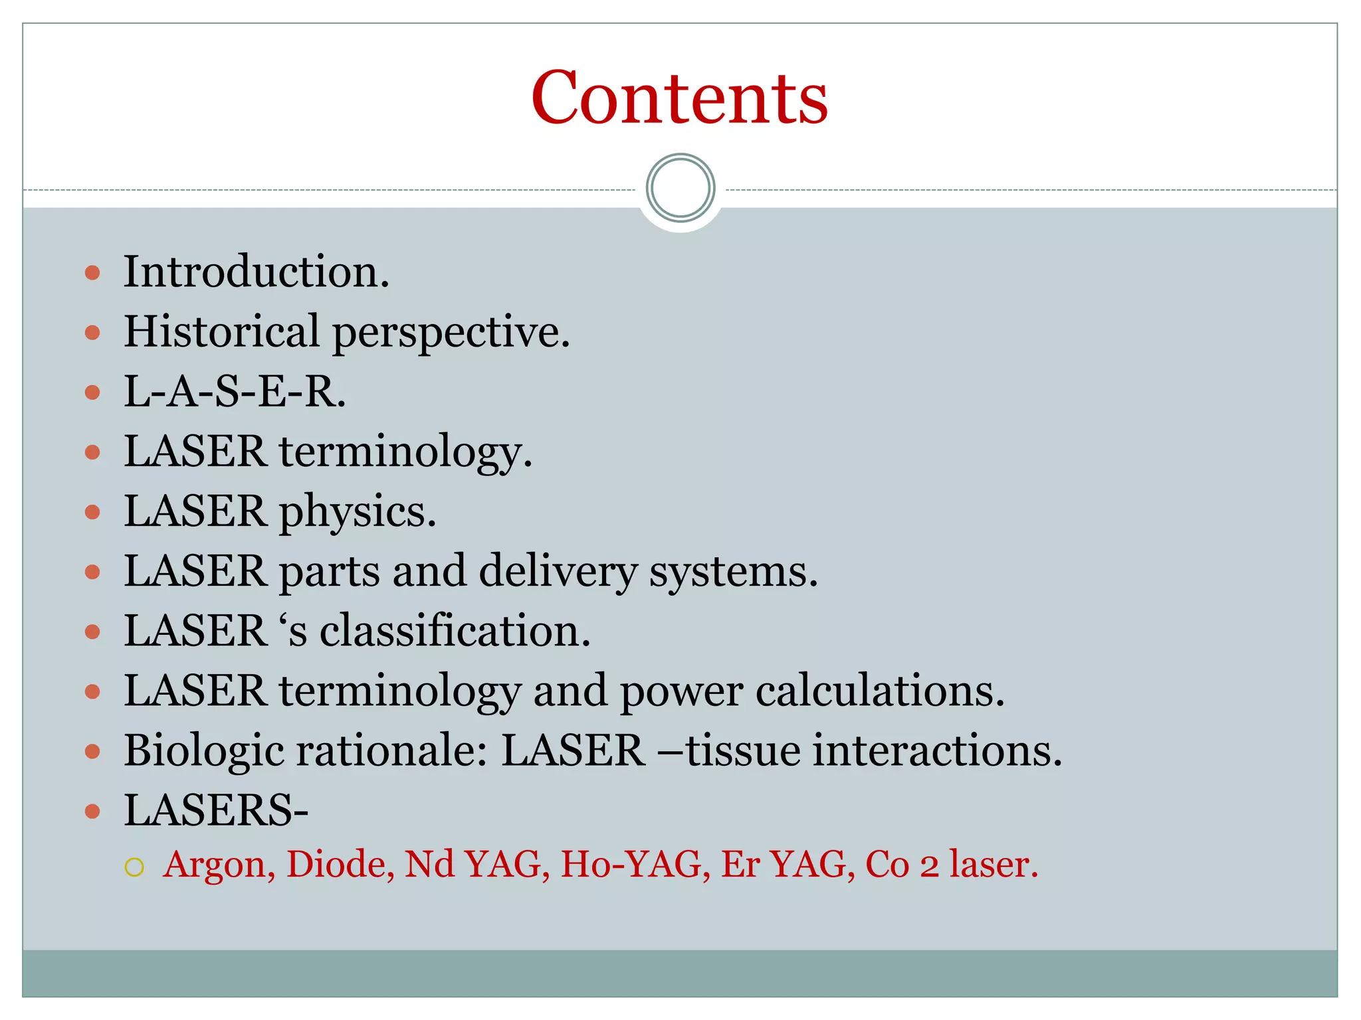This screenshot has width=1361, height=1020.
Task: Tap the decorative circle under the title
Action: coord(680,188)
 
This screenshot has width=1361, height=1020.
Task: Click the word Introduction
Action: coord(256,272)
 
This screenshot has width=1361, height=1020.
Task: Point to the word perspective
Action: coord(451,332)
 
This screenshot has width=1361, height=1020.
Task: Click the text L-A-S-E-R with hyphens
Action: coord(234,391)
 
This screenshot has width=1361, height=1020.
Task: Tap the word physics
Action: coord(357,511)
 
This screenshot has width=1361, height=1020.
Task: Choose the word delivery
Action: coord(558,571)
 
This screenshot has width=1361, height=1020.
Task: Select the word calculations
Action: coord(879,691)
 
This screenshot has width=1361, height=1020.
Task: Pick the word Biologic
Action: coord(203,751)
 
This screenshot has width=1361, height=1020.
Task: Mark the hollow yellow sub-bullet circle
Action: coord(134,867)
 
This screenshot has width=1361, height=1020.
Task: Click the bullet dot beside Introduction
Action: coord(93,272)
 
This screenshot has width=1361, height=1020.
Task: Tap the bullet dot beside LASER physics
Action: coord(93,512)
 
